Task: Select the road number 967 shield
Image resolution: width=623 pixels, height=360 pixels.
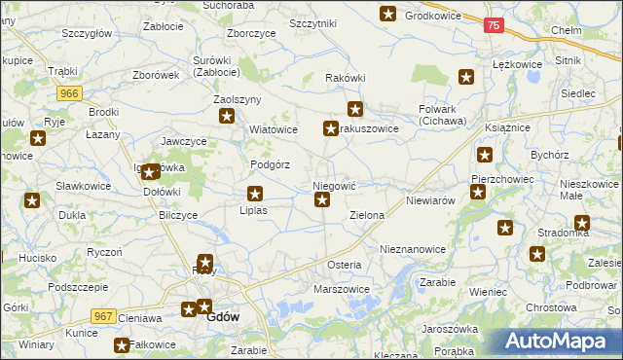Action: pos(105,316)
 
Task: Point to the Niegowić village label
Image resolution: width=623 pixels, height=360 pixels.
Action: pos(335,184)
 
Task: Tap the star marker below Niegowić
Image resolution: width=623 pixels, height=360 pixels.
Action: pos(323,201)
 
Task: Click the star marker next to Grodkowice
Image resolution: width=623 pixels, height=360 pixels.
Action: pos(387,15)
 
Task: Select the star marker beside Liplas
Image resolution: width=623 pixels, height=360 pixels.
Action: pos(255,194)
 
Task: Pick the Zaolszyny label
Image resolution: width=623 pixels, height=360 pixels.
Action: pos(238,99)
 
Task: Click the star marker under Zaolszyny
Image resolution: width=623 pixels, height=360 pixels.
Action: pos(228,118)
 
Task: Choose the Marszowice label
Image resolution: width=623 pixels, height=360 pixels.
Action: pos(341,289)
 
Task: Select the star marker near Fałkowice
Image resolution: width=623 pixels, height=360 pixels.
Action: pos(122,345)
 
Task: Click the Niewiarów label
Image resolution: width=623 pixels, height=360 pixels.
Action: pos(431,199)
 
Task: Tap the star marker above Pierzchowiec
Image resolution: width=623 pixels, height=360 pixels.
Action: pos(485,154)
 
